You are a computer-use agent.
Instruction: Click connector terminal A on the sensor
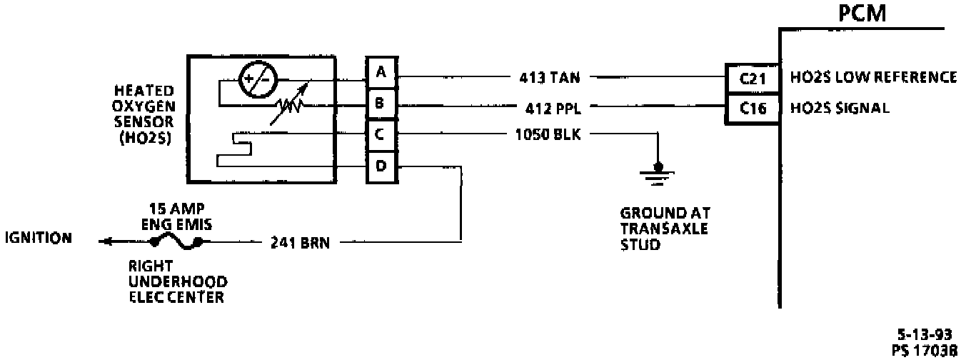380,71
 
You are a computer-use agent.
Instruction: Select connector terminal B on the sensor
380,104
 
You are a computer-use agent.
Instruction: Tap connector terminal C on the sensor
380,134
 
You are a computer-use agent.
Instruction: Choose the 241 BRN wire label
299,242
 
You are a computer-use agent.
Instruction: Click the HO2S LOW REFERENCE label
873,76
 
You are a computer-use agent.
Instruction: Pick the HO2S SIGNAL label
839,109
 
